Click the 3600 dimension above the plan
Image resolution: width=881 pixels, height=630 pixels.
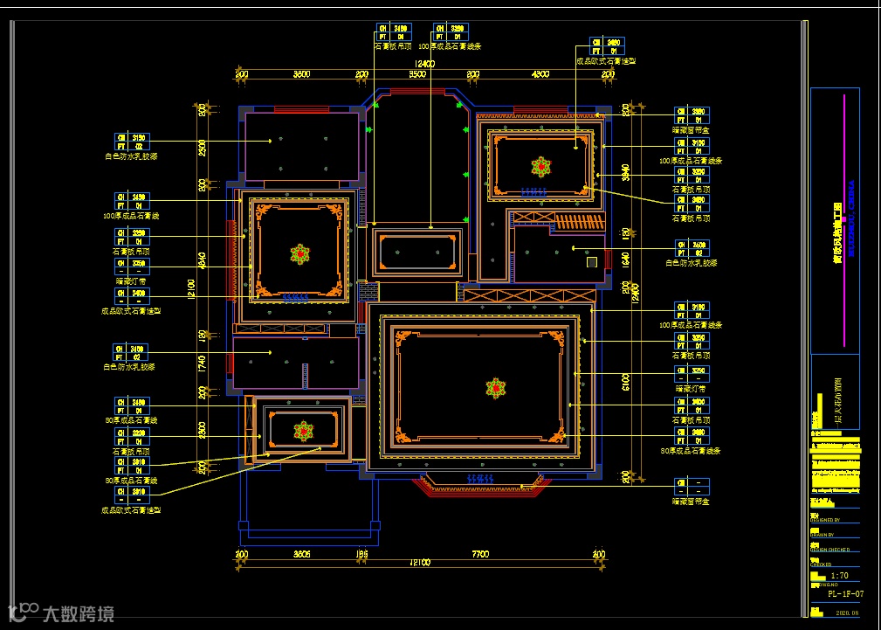pos(301,75)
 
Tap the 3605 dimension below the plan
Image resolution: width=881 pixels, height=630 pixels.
pos(301,554)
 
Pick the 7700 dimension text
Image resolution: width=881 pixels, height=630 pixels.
pos(480,554)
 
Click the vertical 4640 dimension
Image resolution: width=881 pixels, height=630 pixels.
pos(202,260)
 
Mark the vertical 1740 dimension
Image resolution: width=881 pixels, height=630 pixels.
pos(202,361)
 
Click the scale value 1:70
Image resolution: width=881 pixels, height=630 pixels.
pos(840,577)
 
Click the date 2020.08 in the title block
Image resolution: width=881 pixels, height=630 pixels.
pos(847,613)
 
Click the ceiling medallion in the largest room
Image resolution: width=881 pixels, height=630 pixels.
pos(495,388)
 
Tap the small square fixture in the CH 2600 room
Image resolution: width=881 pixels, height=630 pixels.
pos(591,261)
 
